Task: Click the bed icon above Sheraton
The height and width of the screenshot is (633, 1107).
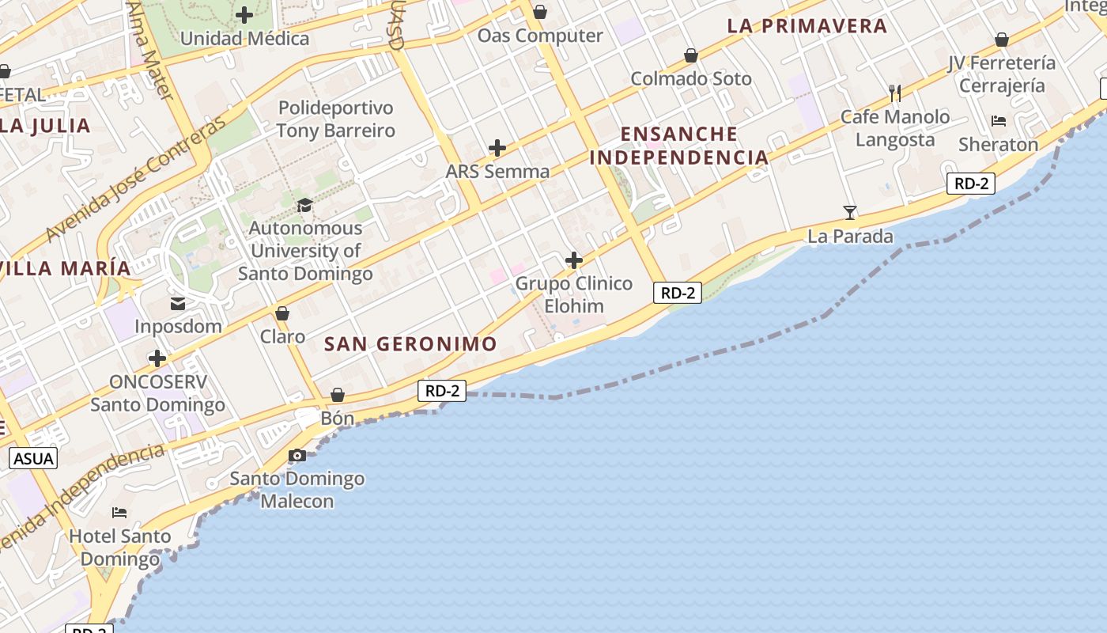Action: (999, 121)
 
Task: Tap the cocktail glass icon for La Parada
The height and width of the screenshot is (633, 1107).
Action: (850, 212)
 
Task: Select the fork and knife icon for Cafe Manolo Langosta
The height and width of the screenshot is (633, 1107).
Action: (895, 93)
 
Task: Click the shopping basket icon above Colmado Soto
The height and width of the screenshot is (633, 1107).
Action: (691, 55)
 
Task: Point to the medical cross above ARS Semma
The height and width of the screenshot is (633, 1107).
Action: (497, 148)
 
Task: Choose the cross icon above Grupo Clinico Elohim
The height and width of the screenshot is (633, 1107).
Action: (574, 260)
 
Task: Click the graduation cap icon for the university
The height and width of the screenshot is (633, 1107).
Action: (304, 206)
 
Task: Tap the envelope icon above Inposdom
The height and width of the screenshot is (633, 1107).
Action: (178, 304)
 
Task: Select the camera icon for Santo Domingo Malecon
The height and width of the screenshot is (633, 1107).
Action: (297, 455)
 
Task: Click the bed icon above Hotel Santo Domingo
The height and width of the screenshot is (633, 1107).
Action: (119, 513)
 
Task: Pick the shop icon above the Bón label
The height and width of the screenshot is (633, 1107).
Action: (338, 394)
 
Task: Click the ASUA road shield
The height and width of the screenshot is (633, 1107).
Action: (33, 458)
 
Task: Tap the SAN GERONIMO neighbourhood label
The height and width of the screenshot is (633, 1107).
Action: (410, 344)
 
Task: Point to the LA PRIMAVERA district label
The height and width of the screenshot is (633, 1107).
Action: (807, 26)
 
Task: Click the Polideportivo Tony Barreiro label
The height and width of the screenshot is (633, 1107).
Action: (335, 119)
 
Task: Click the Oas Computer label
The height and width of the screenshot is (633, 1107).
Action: (540, 36)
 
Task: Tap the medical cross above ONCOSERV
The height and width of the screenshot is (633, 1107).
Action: (157, 358)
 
